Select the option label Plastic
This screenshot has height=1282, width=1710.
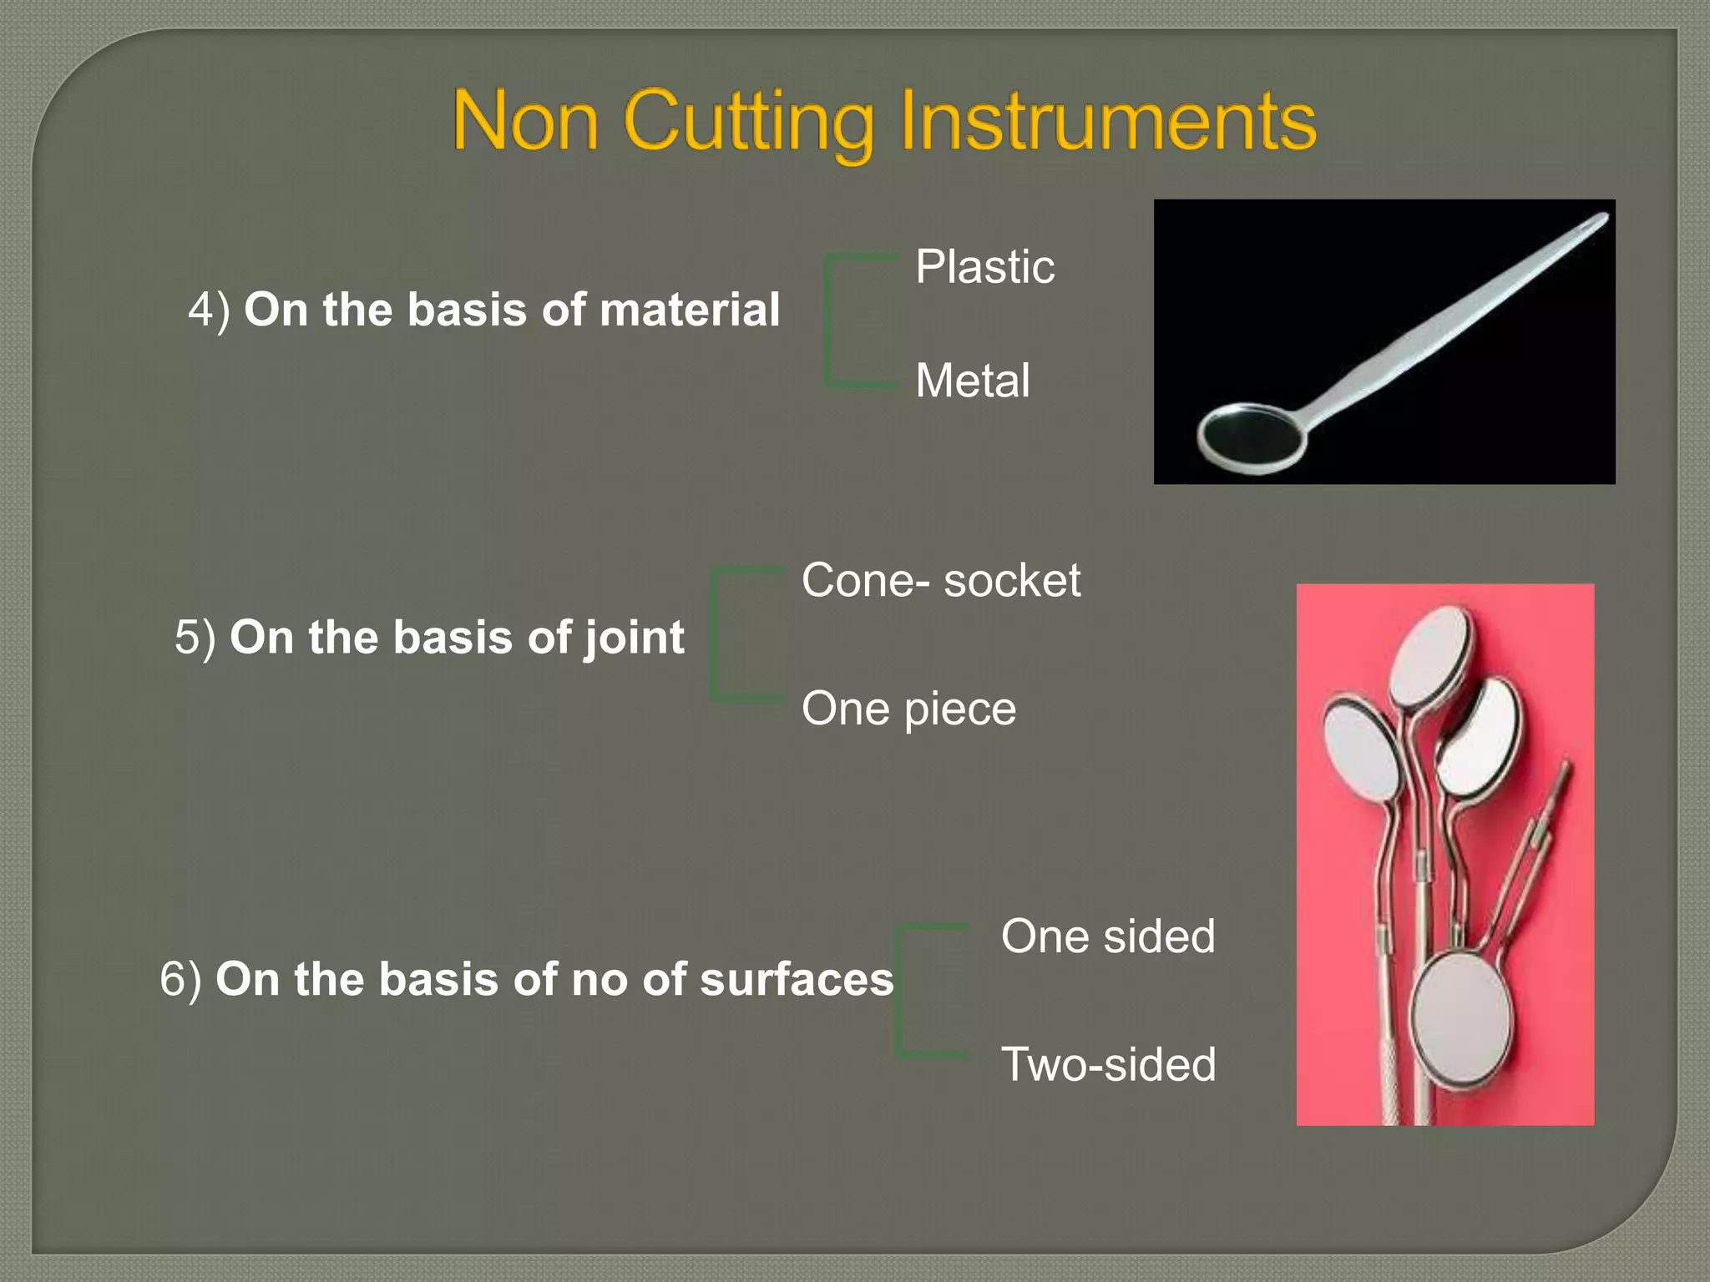984,267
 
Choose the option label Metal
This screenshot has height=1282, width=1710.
972,381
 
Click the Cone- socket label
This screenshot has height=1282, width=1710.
940,580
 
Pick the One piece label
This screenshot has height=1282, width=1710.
908,709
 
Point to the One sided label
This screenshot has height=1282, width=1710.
1107,936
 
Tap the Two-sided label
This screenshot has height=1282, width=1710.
1108,1064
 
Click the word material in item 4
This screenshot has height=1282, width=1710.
689,310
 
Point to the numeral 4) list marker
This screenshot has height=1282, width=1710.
208,310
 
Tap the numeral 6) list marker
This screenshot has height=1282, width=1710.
180,980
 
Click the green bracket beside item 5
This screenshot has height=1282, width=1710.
715,634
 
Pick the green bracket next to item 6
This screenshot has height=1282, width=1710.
900,991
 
